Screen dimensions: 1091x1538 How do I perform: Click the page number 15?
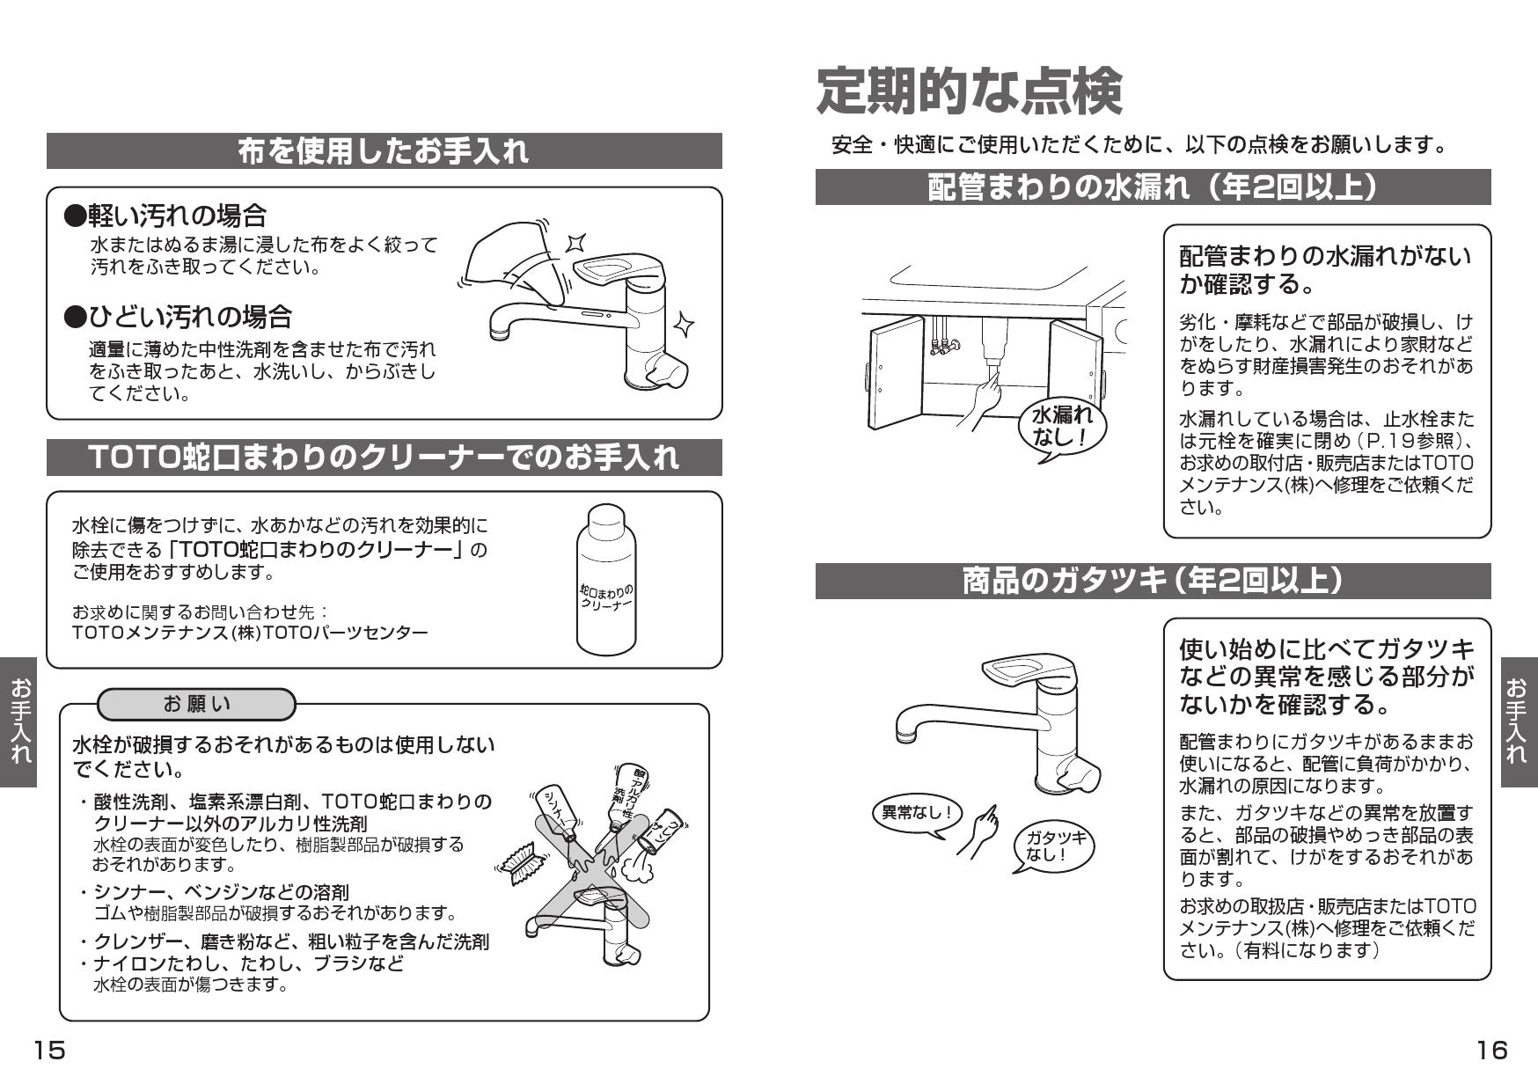coord(49,1050)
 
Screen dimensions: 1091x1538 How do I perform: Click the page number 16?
coord(1491,1050)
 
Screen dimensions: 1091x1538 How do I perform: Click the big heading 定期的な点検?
coord(969,92)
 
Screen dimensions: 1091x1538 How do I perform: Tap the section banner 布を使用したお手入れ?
coord(384,151)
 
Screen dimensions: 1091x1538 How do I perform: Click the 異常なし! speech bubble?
coord(917,813)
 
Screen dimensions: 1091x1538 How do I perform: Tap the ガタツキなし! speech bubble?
coord(1052,846)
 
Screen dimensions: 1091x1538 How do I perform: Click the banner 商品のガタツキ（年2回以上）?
coord(1153,581)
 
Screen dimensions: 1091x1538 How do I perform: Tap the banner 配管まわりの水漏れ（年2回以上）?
coord(1153,187)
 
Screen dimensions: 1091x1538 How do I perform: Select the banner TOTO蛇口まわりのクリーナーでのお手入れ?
coord(384,458)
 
